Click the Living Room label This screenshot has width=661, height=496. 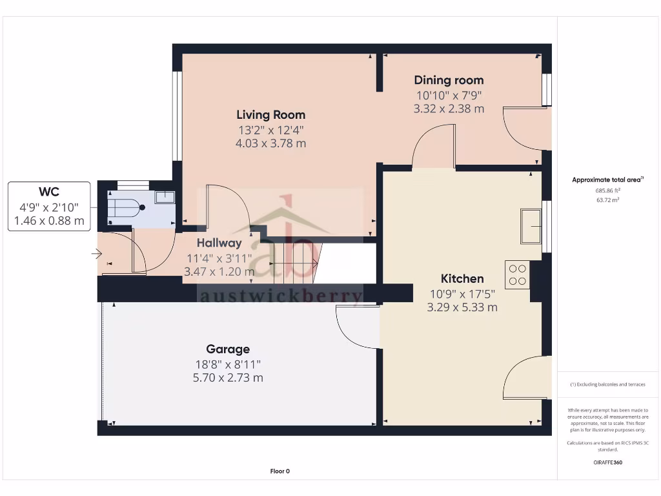(270, 115)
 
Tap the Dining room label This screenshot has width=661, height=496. (449, 80)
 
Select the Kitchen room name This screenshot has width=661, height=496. (462, 279)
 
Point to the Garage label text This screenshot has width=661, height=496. (228, 349)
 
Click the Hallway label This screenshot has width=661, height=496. (219, 243)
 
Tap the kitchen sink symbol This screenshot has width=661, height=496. (531, 226)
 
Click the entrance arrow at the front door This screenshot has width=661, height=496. (97, 254)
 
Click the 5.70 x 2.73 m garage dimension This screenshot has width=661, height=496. (228, 378)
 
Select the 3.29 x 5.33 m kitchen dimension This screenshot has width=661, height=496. (462, 307)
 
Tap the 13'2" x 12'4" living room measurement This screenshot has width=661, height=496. (270, 130)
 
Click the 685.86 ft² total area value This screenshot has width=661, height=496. (607, 191)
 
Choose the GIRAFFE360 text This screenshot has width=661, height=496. (607, 462)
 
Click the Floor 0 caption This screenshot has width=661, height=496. (280, 471)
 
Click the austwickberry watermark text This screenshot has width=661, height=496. (280, 296)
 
